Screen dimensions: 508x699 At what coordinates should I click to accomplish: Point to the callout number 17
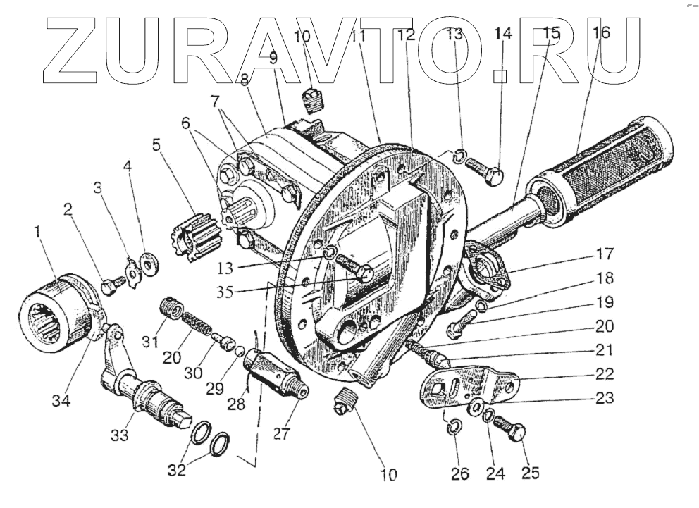click(x=603, y=253)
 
